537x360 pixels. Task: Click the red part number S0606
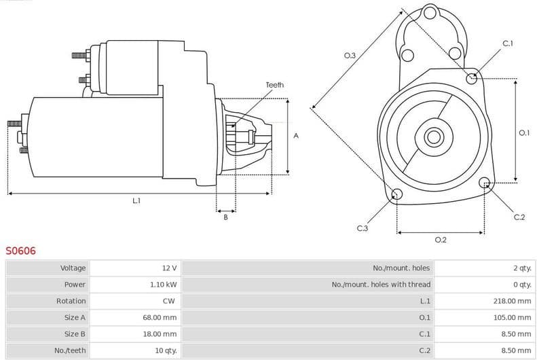click(20, 251)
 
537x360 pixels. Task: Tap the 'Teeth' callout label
click(274, 85)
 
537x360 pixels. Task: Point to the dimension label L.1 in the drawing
click(136, 201)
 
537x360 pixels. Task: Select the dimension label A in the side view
click(296, 136)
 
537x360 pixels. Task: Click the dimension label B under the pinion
click(225, 217)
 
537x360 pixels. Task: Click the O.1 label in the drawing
click(523, 133)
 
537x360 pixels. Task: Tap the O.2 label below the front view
click(440, 240)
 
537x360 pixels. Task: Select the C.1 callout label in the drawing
click(508, 43)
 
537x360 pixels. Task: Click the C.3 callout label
click(362, 228)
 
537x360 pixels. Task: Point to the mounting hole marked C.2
click(485, 183)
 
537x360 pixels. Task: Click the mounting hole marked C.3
click(397, 196)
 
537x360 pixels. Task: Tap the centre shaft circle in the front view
click(433, 137)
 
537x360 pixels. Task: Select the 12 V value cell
click(169, 268)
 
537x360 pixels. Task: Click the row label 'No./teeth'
click(71, 350)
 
